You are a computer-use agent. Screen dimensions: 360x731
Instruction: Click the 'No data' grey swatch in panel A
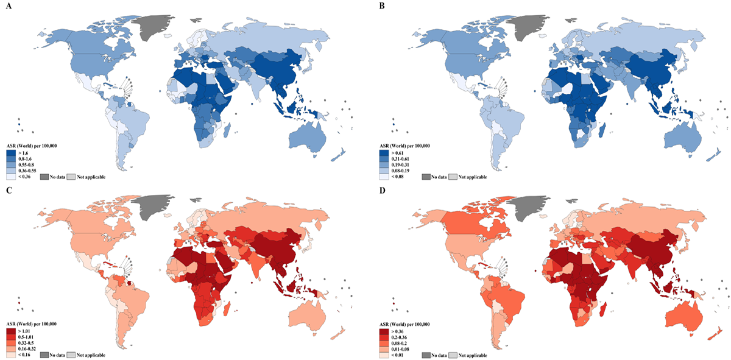tap(44, 177)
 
